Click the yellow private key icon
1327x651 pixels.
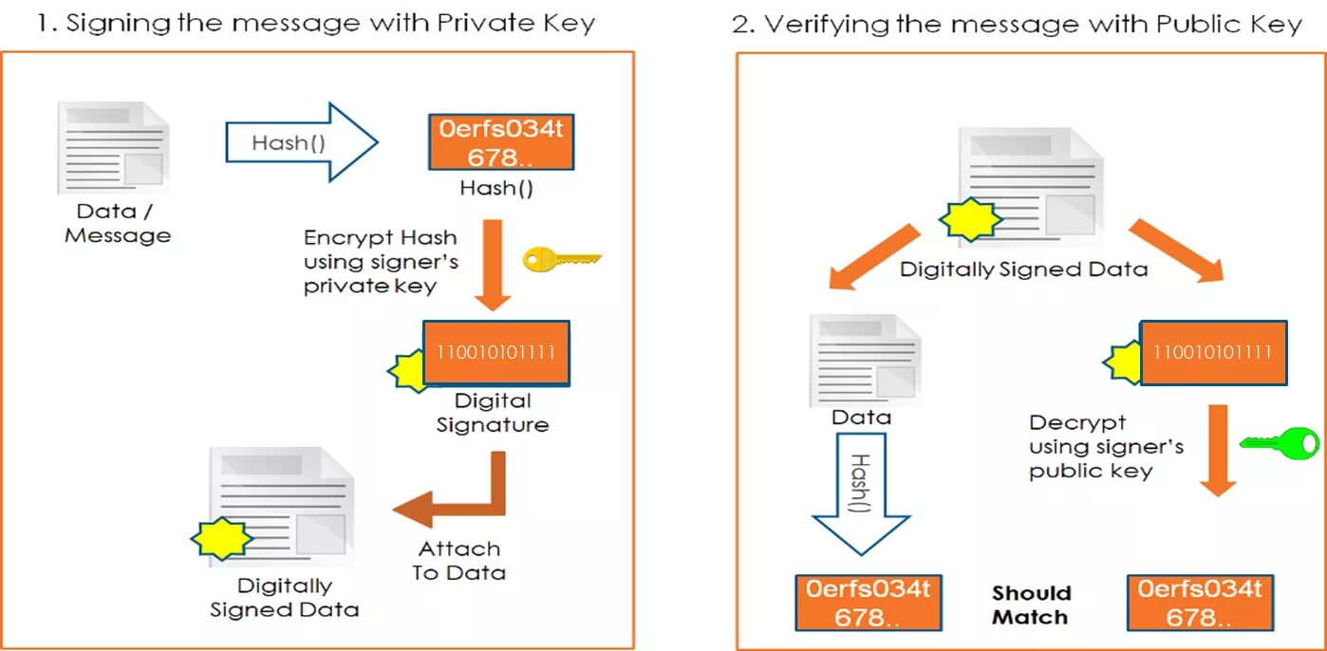561,258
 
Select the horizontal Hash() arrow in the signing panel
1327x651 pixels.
300,142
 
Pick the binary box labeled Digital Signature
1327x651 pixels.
495,352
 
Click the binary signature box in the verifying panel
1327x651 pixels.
1212,352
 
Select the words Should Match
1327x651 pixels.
1031,604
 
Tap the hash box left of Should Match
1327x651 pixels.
868,603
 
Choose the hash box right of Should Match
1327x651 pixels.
1199,603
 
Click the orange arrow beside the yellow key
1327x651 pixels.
493,265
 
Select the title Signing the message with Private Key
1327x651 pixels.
315,23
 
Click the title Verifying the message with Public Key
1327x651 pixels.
1017,24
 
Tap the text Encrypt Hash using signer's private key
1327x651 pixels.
380,261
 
